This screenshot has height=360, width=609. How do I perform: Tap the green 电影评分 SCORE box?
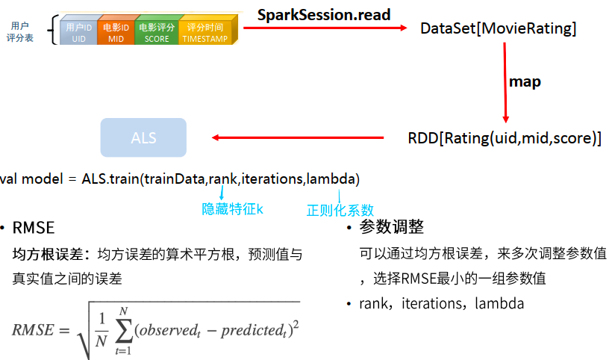coord(157,33)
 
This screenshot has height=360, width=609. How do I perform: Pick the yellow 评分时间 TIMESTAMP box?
coord(204,33)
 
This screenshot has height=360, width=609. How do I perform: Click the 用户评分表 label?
coord(20,31)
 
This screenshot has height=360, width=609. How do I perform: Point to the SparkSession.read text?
coord(324,14)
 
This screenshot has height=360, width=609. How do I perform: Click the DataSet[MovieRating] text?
coord(499,29)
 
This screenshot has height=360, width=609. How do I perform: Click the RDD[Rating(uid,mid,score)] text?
coord(505,138)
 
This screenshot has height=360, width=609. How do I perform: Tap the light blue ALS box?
coord(143,138)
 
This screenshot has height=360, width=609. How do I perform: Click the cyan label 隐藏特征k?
coord(233,209)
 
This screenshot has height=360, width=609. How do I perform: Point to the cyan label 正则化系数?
coord(340,210)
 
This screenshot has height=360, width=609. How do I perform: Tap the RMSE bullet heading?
coord(34,228)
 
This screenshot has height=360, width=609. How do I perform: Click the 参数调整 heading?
coord(392,227)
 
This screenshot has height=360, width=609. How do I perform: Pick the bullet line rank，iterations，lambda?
coord(442,304)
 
